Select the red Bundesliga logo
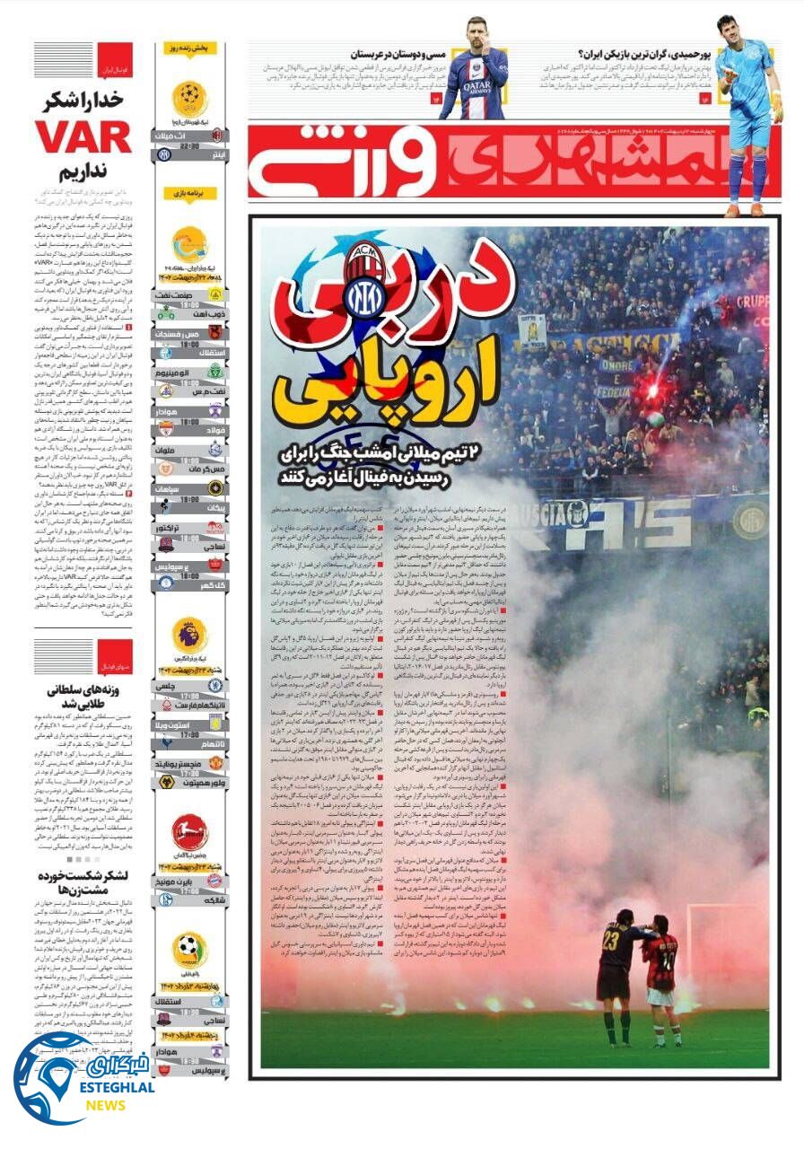(189, 832)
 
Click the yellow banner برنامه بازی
(190, 193)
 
